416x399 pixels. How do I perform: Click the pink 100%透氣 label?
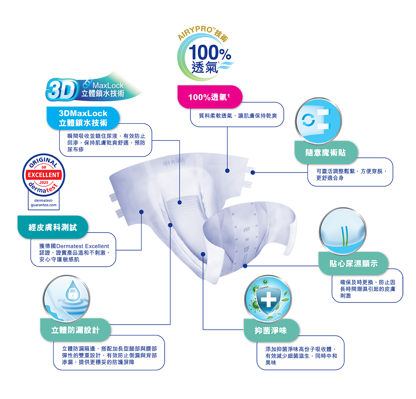coord(210,97)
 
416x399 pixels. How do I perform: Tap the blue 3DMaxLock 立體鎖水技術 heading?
coord(83,118)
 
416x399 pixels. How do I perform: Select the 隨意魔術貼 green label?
coord(326,152)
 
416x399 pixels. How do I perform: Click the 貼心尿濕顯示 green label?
coord(353,263)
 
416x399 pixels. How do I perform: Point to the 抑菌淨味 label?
coord(271,331)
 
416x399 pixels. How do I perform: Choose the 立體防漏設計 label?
coord(75,330)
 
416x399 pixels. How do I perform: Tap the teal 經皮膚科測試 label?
coord(53,227)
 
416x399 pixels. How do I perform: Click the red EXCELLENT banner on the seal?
coord(44,175)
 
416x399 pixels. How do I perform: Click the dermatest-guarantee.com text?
coord(44,203)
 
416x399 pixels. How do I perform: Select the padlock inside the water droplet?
coord(73,294)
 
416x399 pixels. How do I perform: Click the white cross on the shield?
coord(269,299)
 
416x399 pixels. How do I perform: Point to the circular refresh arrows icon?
coord(308,120)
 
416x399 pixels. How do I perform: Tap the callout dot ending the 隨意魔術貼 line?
coord(253,172)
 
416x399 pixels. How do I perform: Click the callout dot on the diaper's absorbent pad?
coord(180,202)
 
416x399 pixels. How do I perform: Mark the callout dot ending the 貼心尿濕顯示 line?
coord(245,266)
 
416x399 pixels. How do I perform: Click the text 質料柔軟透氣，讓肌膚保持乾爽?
coord(238,116)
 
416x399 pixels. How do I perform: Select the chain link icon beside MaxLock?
coord(87,83)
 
